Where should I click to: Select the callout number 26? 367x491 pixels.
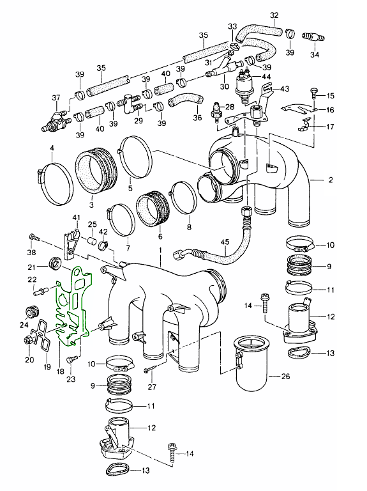(x=286, y=376)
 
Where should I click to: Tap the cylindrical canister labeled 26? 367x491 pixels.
(x=251, y=363)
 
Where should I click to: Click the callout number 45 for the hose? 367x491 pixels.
(x=225, y=242)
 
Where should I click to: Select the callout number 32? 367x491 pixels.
(x=274, y=15)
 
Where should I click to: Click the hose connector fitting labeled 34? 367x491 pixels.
(x=313, y=37)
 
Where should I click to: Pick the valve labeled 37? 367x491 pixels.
(x=56, y=121)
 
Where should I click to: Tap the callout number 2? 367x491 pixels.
(x=331, y=180)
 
